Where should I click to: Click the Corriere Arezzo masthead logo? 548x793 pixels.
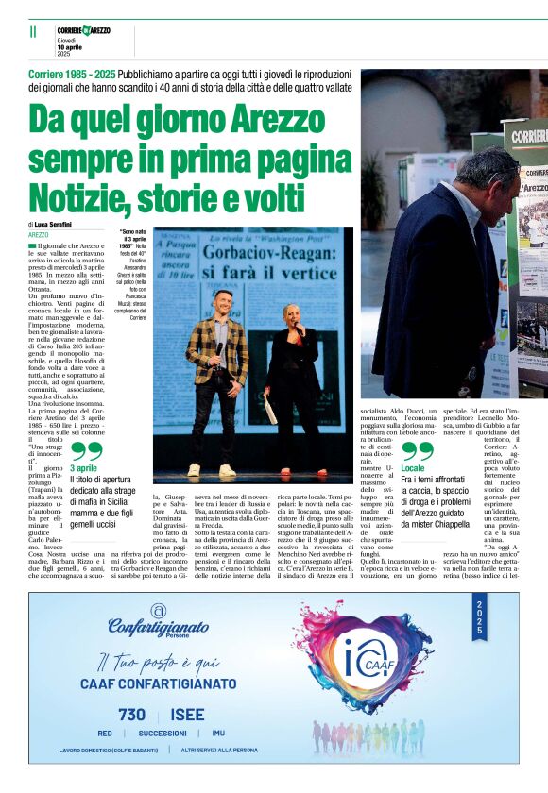(x=83, y=31)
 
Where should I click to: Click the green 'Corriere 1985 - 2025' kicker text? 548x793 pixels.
(x=71, y=74)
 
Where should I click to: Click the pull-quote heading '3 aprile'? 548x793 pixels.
(x=83, y=468)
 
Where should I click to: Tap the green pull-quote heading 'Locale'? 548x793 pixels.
(x=413, y=468)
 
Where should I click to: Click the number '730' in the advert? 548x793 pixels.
(x=132, y=715)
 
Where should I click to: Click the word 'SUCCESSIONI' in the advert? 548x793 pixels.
(x=162, y=733)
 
